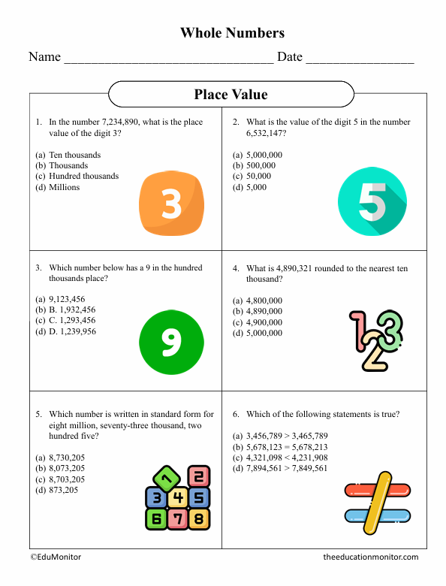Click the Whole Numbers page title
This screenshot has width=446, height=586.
232,32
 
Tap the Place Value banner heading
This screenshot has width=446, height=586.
231,94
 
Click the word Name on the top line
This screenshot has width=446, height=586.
44,57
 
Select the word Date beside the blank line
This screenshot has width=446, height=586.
290,57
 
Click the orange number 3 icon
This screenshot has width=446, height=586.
172,202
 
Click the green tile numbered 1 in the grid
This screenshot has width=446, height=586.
167,476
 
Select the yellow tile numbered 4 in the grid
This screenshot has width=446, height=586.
177,497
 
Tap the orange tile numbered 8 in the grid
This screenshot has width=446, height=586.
198,518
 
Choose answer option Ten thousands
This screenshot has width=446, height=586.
74,155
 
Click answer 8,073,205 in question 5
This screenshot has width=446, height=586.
67,468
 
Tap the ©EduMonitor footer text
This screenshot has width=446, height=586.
56,557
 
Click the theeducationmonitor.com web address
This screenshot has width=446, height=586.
370,557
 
